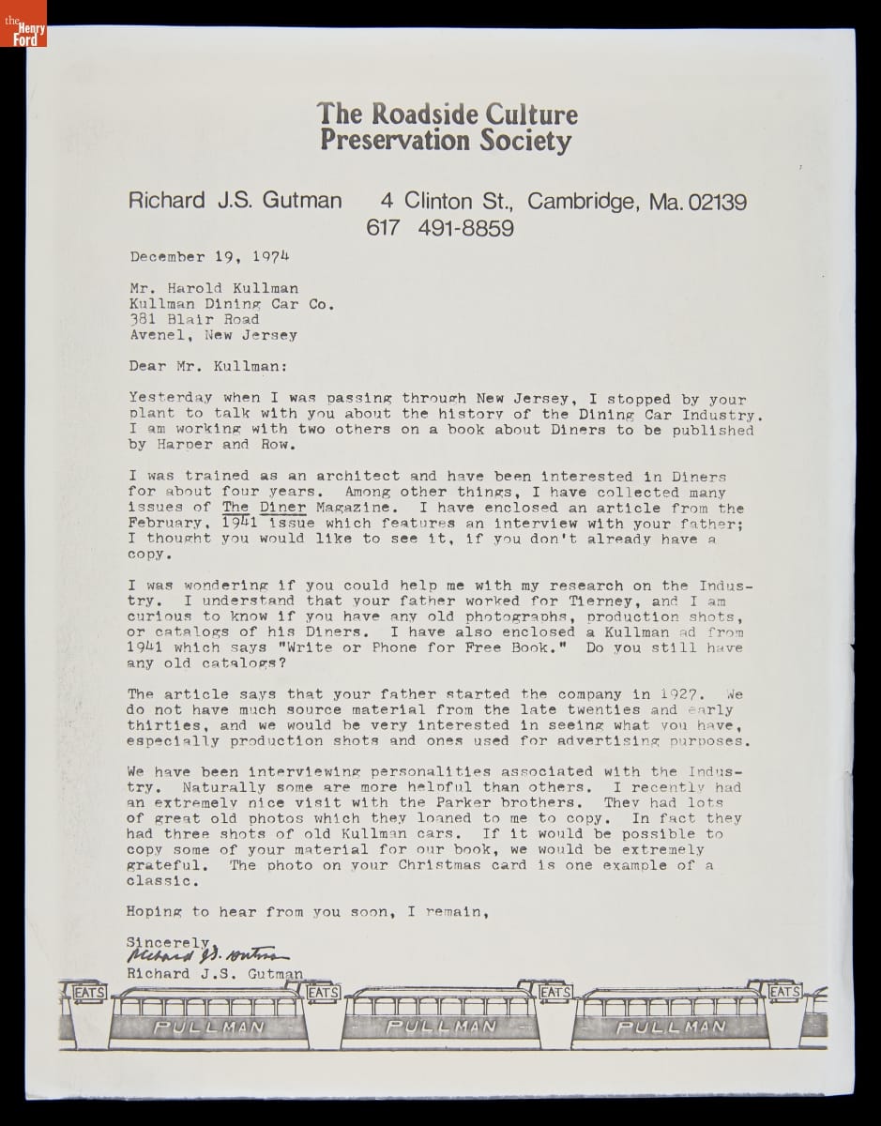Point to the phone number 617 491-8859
click(x=440, y=228)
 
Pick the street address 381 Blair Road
click(x=194, y=319)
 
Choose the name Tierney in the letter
click(x=603, y=601)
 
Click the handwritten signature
click(x=202, y=957)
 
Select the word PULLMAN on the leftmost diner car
click(x=208, y=1027)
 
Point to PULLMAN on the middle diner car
click(x=441, y=1027)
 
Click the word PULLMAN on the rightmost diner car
click(x=672, y=1027)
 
